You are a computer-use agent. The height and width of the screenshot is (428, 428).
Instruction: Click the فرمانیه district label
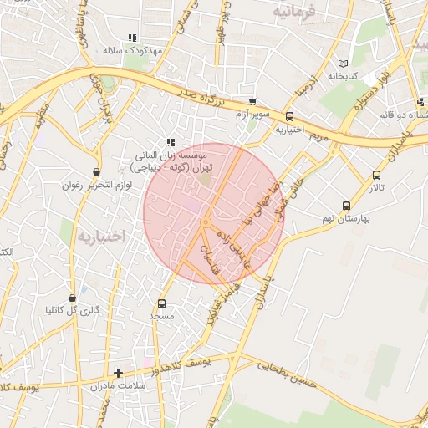(297, 12)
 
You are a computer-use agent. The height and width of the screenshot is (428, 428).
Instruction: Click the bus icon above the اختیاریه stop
(289, 117)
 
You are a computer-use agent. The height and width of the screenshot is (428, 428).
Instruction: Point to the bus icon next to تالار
(376, 176)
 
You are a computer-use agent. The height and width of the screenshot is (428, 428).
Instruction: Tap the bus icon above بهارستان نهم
(346, 206)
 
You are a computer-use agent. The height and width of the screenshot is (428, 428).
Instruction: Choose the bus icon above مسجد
(161, 303)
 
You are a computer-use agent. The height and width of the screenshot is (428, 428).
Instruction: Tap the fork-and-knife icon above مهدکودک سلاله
(131, 38)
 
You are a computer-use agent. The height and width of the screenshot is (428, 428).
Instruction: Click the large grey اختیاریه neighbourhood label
(101, 237)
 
